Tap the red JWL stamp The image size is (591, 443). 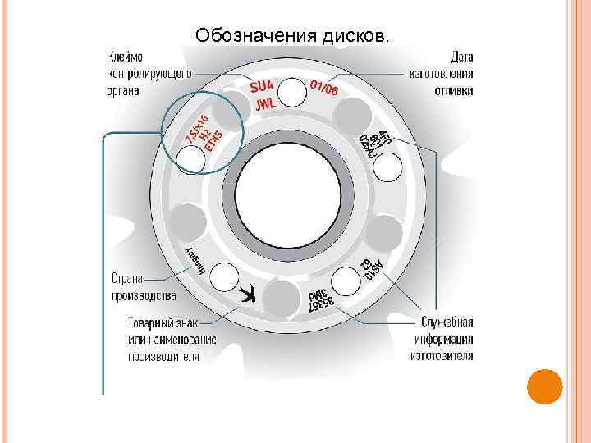(x=264, y=104)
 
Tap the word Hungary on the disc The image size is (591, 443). (x=193, y=262)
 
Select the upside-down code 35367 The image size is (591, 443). (x=321, y=301)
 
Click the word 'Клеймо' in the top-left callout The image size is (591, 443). (x=124, y=57)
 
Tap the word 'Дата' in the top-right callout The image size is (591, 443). (x=461, y=57)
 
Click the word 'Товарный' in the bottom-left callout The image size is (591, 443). (x=155, y=322)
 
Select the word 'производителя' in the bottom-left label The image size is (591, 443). (x=164, y=356)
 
